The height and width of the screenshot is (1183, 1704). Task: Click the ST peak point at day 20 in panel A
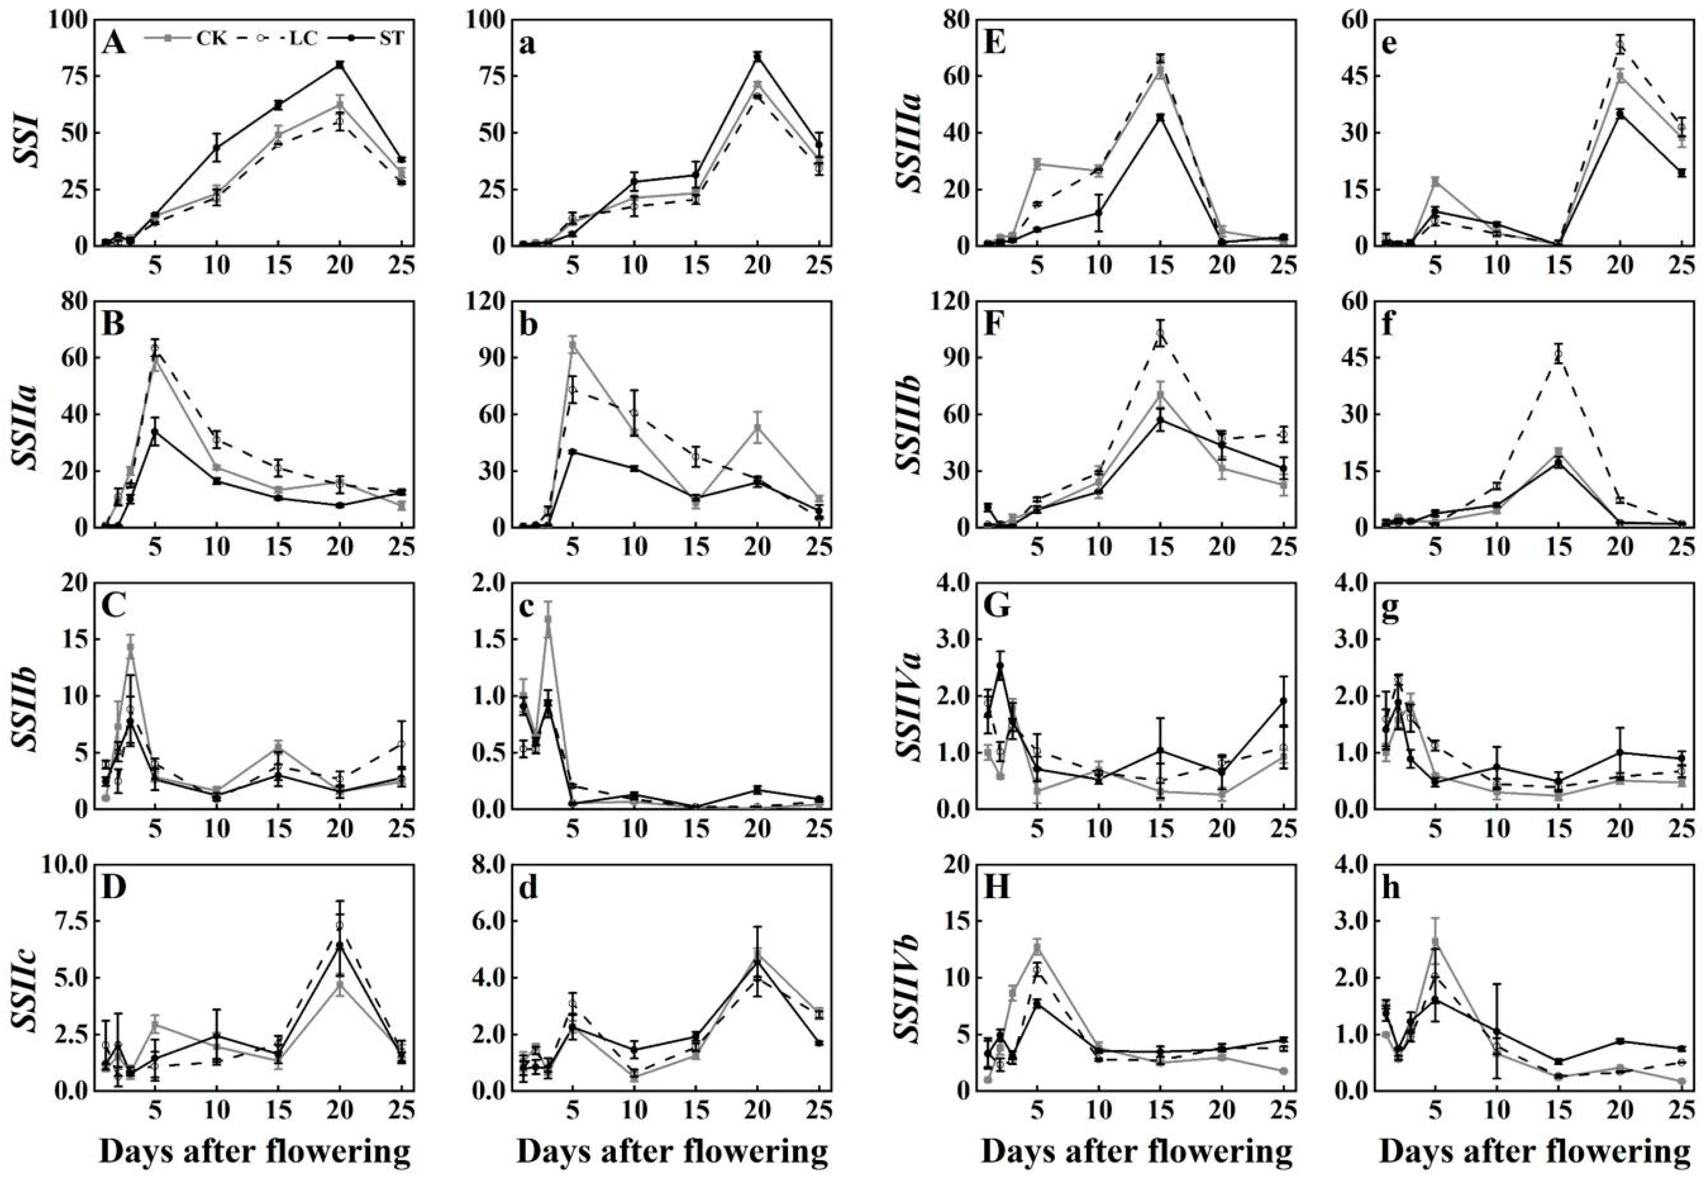pyautogui.click(x=340, y=65)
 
